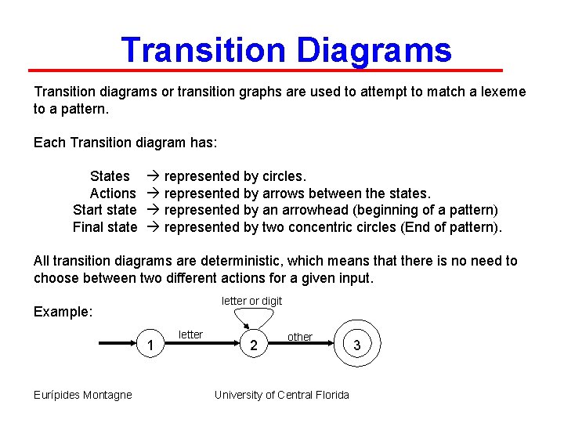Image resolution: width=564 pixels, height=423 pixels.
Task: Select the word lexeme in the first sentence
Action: pyautogui.click(x=500, y=92)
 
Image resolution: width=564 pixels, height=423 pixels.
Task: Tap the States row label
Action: pyautogui.click(x=110, y=176)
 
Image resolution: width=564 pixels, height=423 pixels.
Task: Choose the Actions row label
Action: pyautogui.click(x=112, y=193)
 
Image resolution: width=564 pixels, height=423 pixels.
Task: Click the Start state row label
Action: pyautogui.click(x=104, y=210)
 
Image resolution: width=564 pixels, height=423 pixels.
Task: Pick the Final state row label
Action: pyautogui.click(x=104, y=227)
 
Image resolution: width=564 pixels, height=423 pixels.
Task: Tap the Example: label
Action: pyautogui.click(x=63, y=312)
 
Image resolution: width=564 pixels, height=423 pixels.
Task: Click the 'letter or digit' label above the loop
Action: pyautogui.click(x=251, y=301)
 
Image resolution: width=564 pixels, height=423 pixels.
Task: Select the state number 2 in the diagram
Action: pyautogui.click(x=253, y=345)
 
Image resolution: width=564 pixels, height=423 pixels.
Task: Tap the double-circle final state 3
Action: pyautogui.click(x=358, y=344)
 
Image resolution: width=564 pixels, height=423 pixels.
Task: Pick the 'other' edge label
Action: pyautogui.click(x=299, y=337)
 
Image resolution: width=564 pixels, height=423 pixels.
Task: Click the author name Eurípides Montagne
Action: pyautogui.click(x=83, y=395)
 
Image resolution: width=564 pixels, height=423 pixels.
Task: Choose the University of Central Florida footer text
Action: pyautogui.click(x=282, y=395)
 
